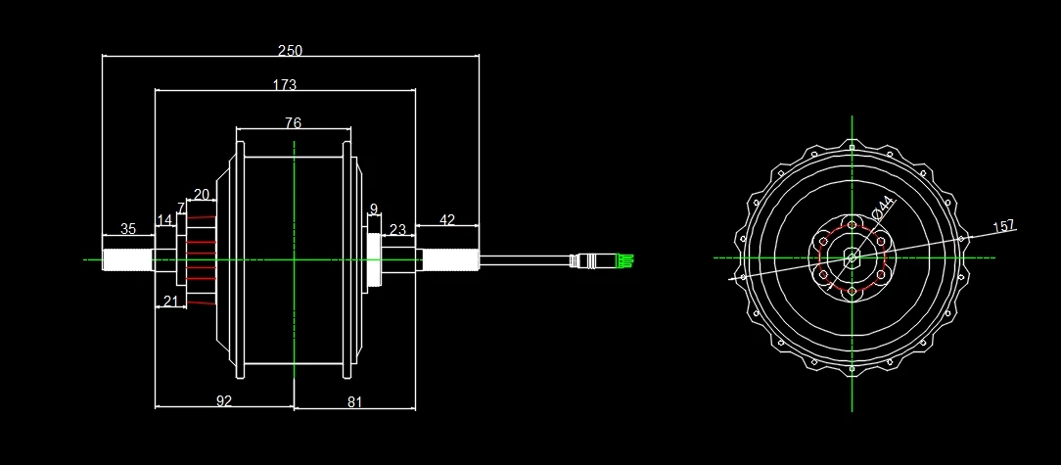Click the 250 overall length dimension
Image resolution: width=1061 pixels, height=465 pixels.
(290, 50)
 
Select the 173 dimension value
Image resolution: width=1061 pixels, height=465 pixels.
(284, 85)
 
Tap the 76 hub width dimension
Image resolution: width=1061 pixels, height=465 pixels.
(293, 122)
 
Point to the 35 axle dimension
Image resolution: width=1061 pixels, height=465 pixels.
(128, 229)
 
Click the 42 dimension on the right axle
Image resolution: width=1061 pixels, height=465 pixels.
(446, 220)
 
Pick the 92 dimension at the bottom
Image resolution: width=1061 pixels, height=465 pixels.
(224, 400)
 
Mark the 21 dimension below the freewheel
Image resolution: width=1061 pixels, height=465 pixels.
(171, 302)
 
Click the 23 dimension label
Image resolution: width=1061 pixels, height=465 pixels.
(397, 230)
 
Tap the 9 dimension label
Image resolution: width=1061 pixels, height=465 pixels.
(373, 209)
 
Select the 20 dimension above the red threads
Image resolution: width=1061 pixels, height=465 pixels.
(201, 194)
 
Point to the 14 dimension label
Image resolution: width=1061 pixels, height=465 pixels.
(163, 220)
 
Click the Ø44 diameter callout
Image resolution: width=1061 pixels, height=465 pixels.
(883, 207)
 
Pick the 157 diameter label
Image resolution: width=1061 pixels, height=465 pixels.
(1003, 227)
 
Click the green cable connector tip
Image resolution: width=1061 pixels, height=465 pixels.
(625, 260)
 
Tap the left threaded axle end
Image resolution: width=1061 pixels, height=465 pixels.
(127, 259)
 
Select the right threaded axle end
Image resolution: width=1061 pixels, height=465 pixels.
(449, 259)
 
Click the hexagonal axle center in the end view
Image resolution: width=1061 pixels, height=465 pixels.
(852, 258)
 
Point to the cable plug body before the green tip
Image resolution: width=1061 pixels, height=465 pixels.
(592, 260)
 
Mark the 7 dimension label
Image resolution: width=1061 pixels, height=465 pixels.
(180, 209)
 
